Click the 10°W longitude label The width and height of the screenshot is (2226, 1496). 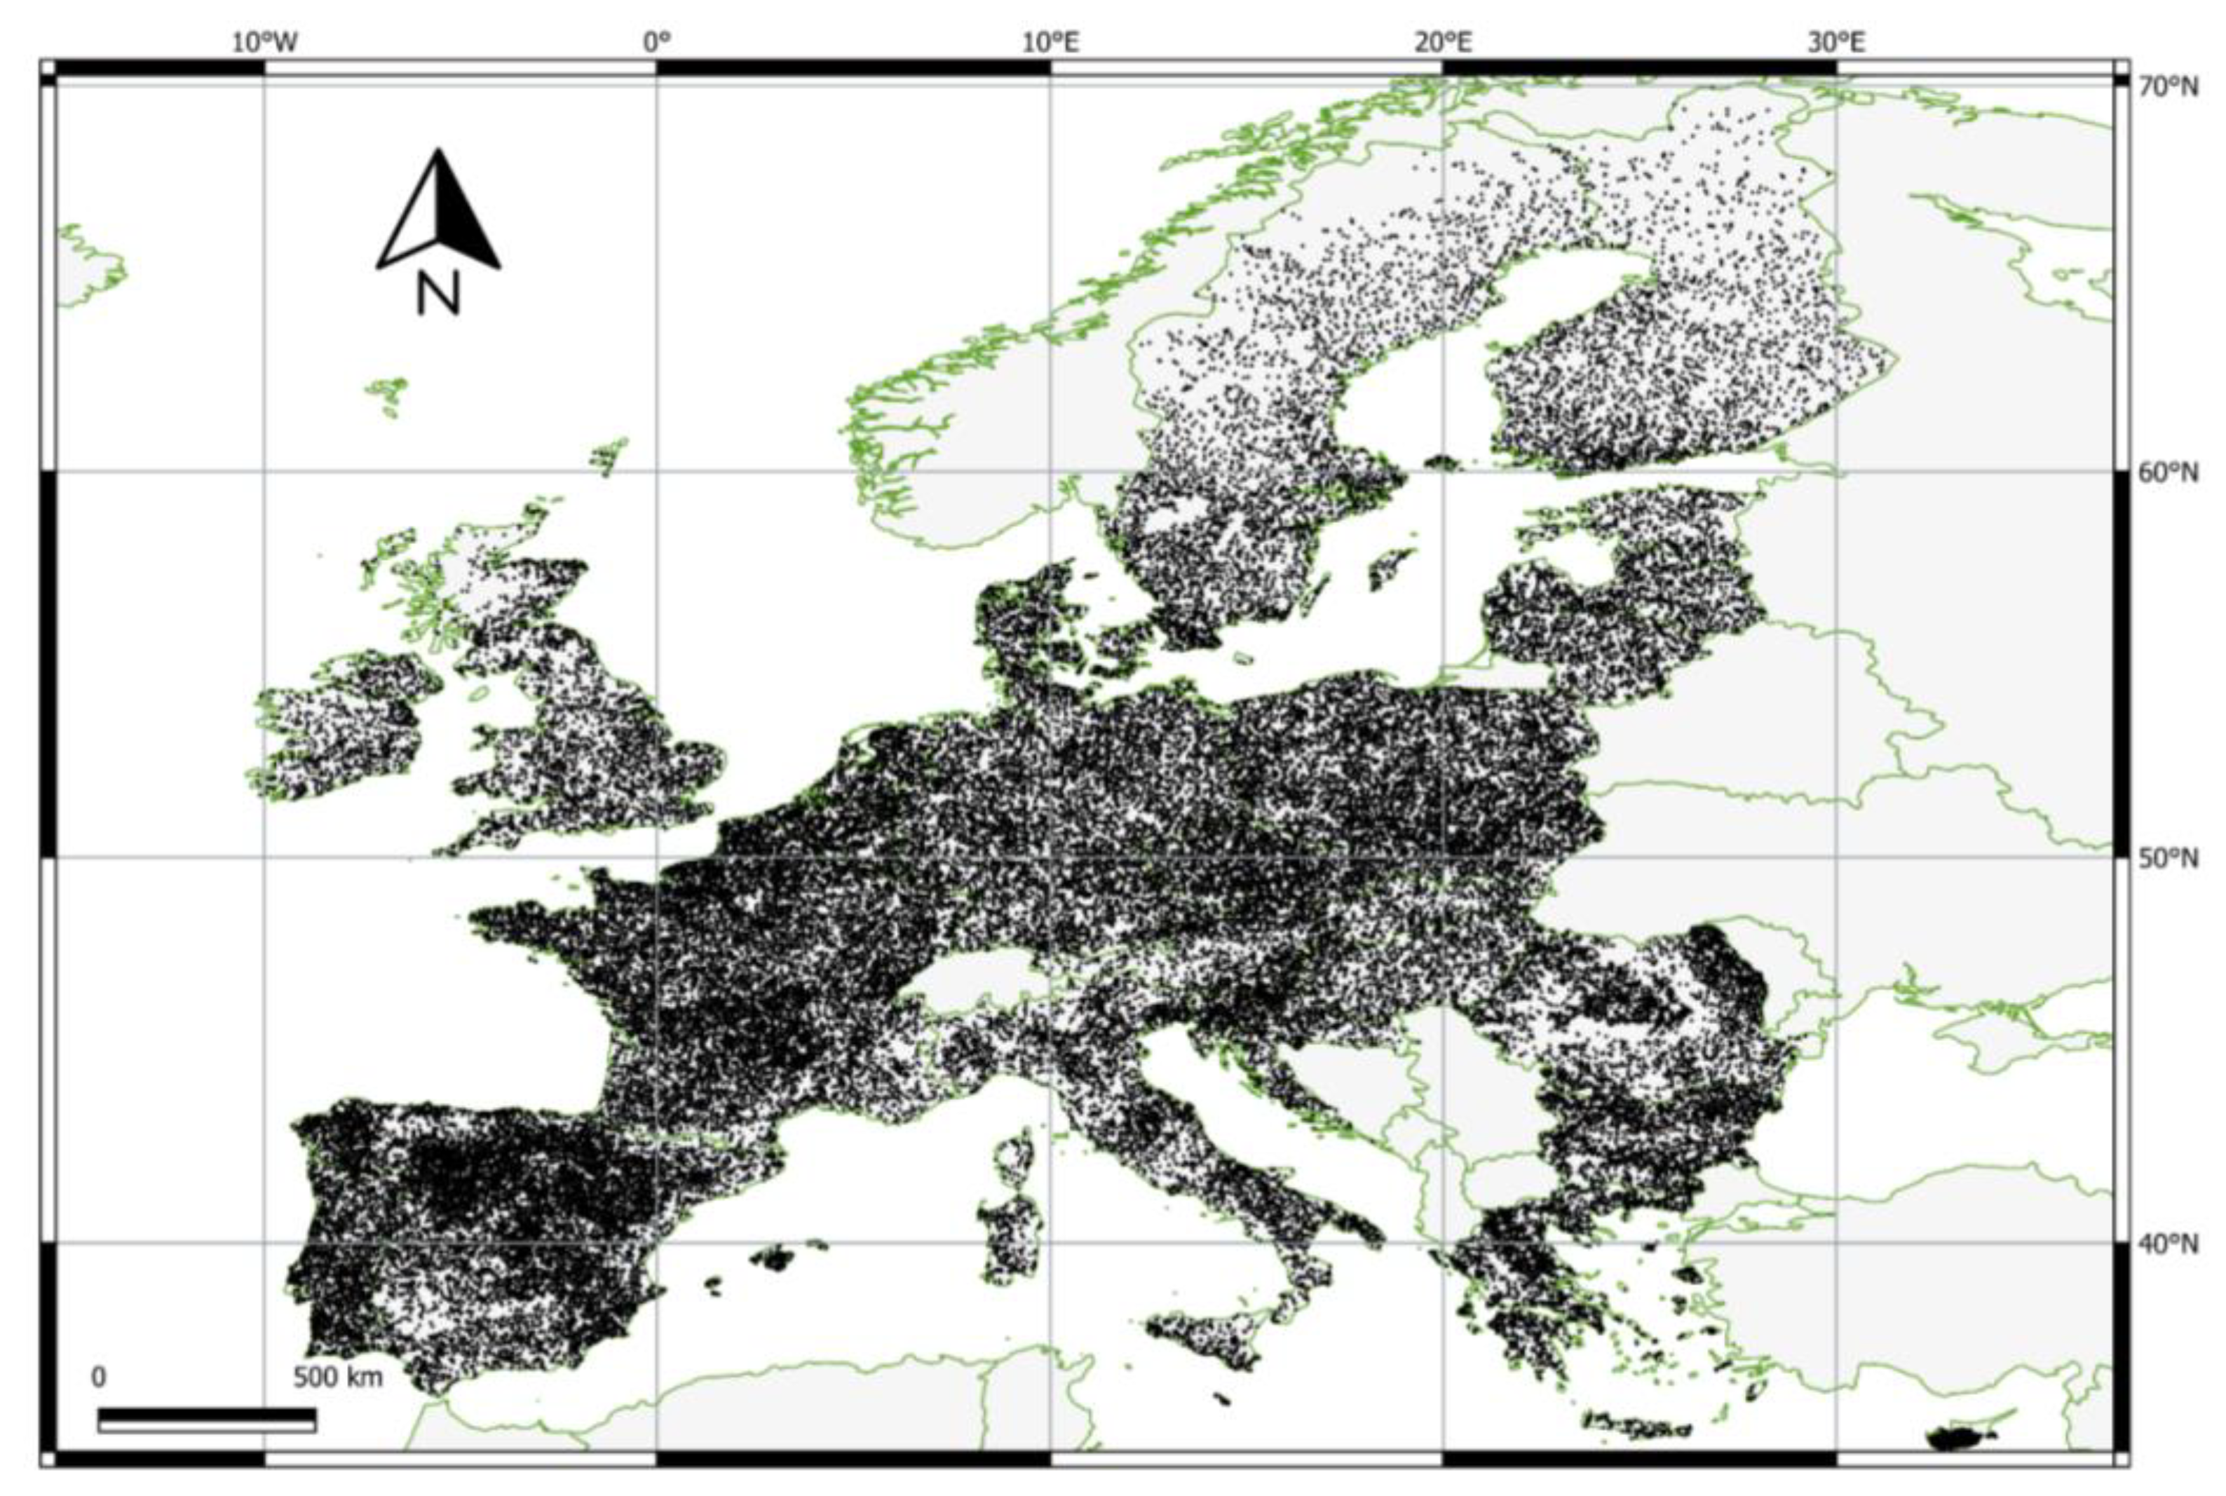tap(264, 43)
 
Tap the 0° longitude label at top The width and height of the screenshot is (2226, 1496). tap(656, 43)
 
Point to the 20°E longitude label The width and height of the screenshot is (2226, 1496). tap(1444, 43)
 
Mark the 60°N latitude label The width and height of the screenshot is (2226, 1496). tap(2169, 473)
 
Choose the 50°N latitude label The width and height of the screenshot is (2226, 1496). tap(2169, 859)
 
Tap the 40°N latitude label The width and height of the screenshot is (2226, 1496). tap(2169, 1245)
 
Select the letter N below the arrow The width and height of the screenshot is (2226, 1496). tap(438, 294)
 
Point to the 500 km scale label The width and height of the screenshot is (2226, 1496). tap(338, 1378)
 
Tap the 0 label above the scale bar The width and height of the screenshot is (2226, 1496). tap(98, 1378)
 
